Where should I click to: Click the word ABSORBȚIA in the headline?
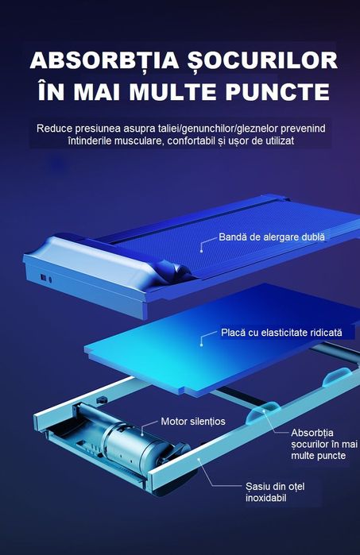[105, 60]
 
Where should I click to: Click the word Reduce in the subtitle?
[54, 128]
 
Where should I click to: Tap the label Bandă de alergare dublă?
[272, 237]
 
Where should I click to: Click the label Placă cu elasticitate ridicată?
[281, 333]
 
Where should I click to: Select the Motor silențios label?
[193, 422]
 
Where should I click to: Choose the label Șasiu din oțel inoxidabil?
[275, 492]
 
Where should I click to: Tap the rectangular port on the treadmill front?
[44, 278]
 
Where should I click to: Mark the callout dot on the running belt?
[202, 252]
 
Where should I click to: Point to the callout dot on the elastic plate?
[202, 345]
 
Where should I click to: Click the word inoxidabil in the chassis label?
[265, 498]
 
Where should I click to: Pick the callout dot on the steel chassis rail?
[199, 459]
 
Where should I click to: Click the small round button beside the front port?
[50, 279]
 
